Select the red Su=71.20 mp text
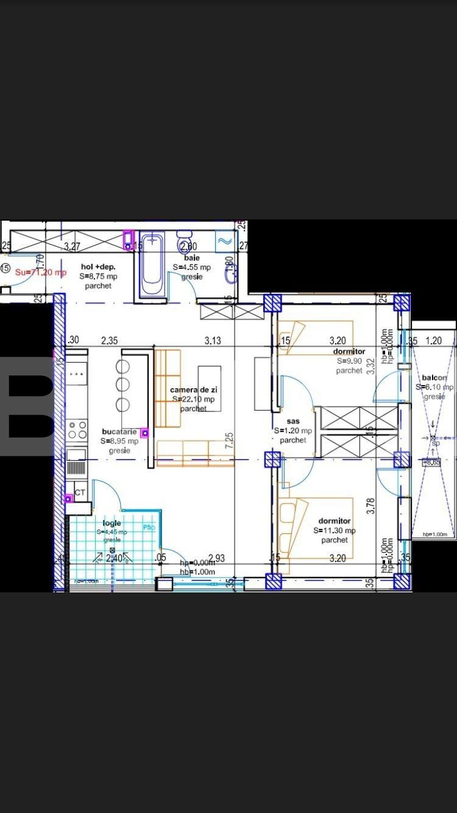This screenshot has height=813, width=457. (x=40, y=272)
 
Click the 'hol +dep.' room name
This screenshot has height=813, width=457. (x=98, y=267)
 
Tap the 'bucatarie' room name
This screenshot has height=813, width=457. (x=119, y=432)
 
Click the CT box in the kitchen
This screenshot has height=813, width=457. (x=80, y=492)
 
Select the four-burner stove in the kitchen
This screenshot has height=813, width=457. (x=77, y=430)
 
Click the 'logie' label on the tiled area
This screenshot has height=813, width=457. (x=112, y=523)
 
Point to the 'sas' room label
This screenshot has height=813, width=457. (x=293, y=421)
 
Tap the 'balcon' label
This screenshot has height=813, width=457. (x=434, y=378)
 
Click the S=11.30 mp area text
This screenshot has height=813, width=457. (x=335, y=530)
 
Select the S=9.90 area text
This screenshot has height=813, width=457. (x=350, y=361)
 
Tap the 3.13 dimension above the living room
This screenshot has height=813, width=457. (x=213, y=341)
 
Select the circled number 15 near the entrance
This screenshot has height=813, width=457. (x=5, y=268)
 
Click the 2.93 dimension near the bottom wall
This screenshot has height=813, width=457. (x=217, y=558)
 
